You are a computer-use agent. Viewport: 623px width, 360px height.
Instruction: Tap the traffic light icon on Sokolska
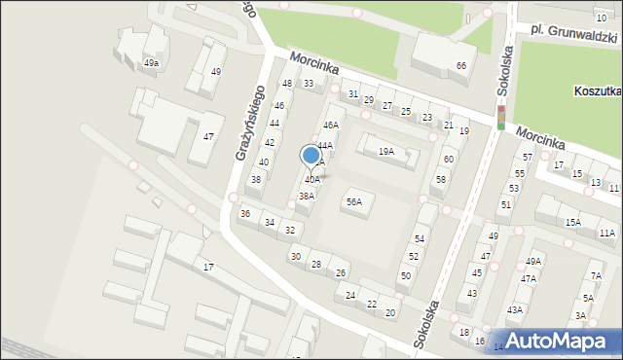tap(501, 118)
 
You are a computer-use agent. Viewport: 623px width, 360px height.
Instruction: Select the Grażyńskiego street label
tap(252, 125)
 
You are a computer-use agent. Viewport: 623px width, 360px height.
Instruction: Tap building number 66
tap(460, 65)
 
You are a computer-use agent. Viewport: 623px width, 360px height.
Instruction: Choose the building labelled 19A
tap(386, 151)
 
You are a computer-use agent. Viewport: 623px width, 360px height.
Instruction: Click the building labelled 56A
tap(354, 202)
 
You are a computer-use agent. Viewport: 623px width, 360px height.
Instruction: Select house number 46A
tap(331, 126)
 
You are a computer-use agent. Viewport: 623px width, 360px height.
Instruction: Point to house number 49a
tap(151, 63)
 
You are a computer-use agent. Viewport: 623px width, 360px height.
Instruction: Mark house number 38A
tap(306, 196)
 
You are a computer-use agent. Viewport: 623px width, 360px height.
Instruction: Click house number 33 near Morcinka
tap(309, 84)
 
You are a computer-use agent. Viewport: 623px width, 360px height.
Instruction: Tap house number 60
tap(448, 159)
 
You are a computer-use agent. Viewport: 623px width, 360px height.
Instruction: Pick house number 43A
tap(514, 309)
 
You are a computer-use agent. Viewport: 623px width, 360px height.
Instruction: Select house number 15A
tap(572, 223)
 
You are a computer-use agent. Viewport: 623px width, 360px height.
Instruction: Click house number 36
tap(245, 213)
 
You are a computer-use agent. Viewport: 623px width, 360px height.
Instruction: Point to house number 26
tap(340, 272)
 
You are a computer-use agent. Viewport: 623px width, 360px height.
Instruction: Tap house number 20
tap(390, 312)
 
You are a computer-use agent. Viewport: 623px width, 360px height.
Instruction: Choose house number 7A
tap(596, 276)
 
